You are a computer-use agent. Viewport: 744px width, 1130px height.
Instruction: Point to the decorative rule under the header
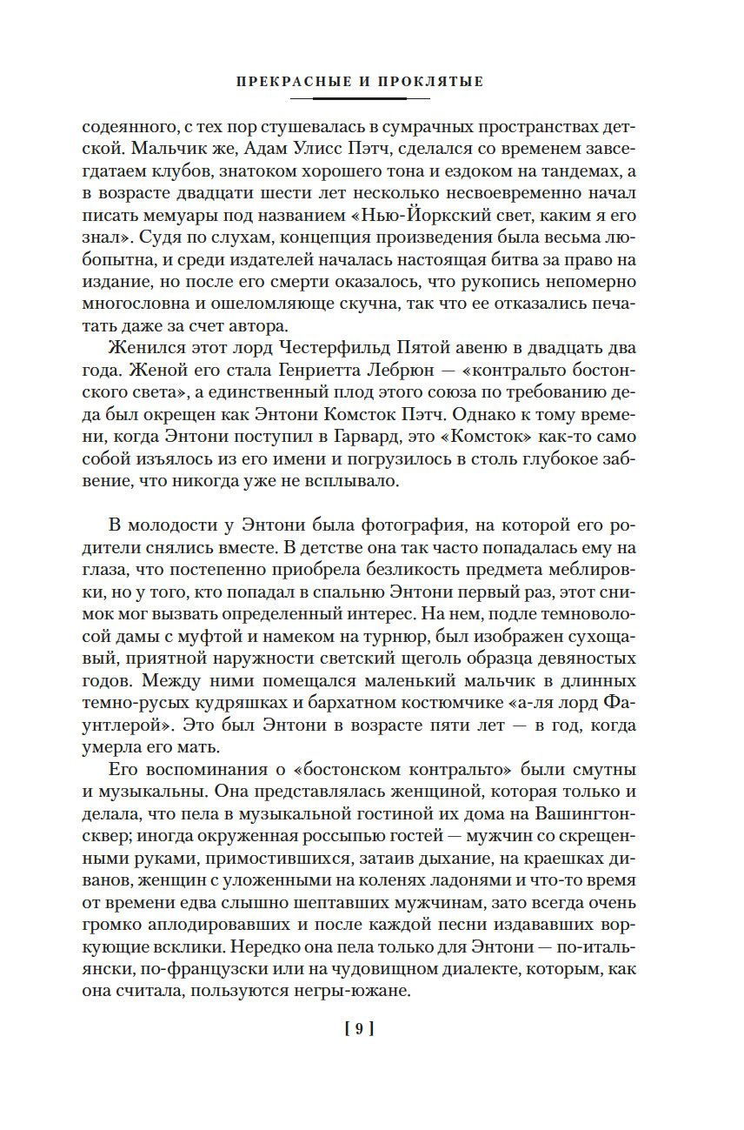click(360, 98)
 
